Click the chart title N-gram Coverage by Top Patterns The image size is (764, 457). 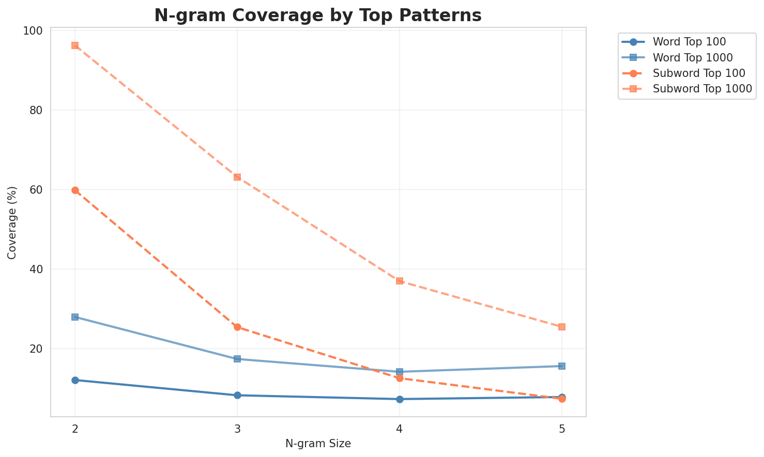click(318, 15)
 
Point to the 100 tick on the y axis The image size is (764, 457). click(34, 31)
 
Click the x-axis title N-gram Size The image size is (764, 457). click(318, 444)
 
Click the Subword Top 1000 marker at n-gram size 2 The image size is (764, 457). click(75, 45)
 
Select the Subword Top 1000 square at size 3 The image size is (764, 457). click(237, 177)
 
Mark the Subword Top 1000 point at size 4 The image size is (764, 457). click(400, 281)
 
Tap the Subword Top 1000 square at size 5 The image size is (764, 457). click(562, 327)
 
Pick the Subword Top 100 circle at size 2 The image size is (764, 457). click(75, 190)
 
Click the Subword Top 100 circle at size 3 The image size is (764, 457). click(237, 327)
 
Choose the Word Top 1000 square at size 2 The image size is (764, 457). click(75, 317)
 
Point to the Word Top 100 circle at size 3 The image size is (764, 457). click(237, 395)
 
